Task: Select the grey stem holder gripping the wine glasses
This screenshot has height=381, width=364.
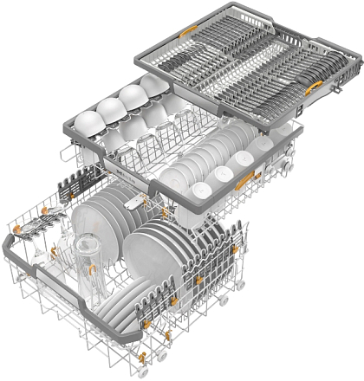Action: pyautogui.click(x=32, y=231)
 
